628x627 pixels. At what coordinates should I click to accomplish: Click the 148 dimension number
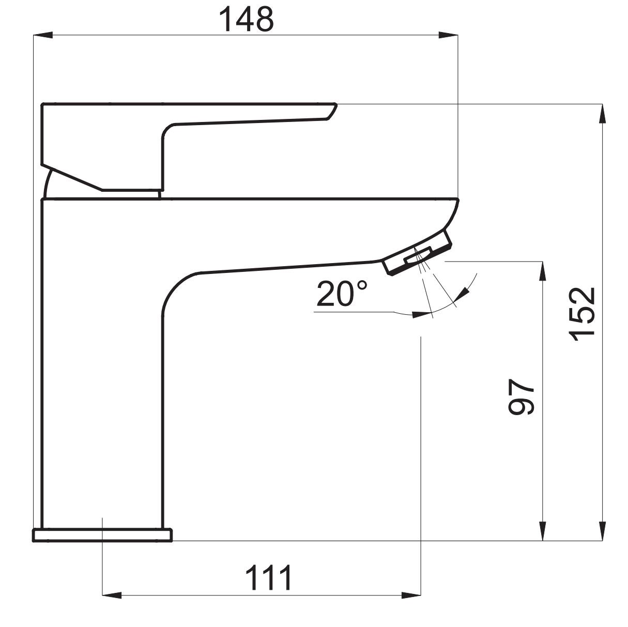[247, 20]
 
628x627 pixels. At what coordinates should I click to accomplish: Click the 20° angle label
[342, 295]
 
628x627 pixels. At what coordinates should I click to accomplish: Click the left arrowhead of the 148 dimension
[43, 35]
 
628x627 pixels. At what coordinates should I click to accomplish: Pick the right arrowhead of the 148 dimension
[449, 35]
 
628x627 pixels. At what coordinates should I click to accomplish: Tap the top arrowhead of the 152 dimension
[603, 114]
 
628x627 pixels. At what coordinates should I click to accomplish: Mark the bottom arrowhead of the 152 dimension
[603, 531]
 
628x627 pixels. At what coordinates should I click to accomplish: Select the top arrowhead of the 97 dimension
[543, 271]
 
